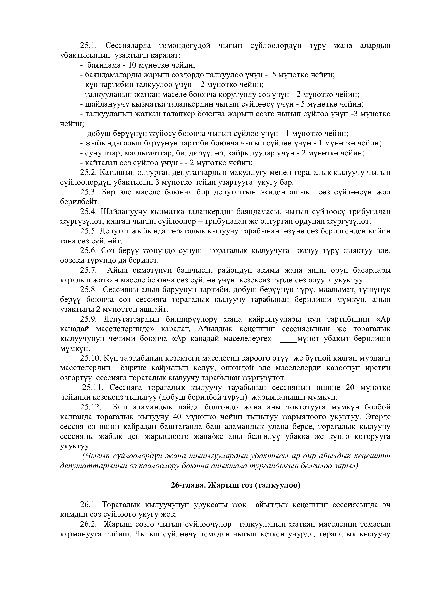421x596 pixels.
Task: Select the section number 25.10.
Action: pos(91,359)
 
